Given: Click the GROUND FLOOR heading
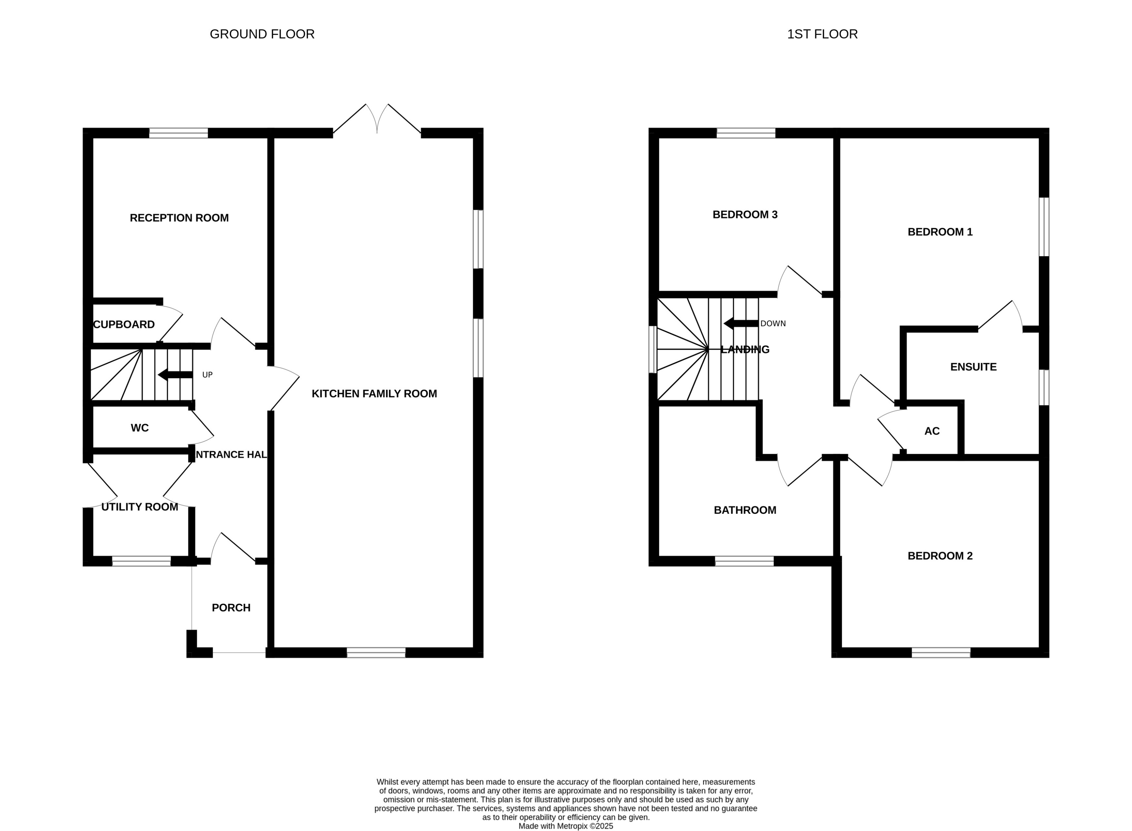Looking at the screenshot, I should click(262, 34).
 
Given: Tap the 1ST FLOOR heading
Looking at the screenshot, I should click(822, 34).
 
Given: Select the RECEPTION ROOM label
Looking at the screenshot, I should click(179, 218).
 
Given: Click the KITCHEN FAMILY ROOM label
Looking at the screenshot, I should click(374, 394).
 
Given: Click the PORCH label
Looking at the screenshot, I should click(231, 608).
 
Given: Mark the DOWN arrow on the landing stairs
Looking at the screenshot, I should click(741, 323).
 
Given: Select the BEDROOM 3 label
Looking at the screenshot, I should click(745, 215).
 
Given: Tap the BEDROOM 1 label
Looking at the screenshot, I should click(940, 232).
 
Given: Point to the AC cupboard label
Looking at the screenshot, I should click(932, 431).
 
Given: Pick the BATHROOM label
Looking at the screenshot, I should click(745, 510).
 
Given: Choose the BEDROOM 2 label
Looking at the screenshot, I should click(940, 556).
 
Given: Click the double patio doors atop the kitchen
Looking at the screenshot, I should click(377, 121).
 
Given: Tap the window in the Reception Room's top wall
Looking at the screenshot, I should click(178, 133).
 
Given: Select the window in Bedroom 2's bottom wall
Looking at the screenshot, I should click(941, 653).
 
